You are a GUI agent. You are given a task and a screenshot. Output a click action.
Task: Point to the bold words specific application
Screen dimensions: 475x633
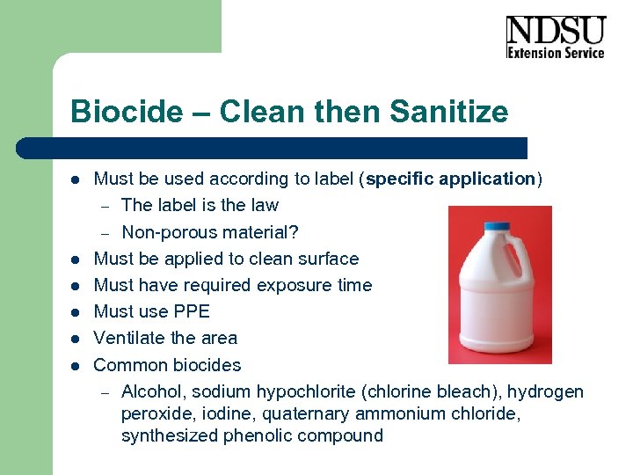tap(450, 179)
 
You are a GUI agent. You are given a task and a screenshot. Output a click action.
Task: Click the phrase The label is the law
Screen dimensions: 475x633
tap(200, 206)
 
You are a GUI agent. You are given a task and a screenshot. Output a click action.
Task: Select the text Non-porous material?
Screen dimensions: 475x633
tap(210, 232)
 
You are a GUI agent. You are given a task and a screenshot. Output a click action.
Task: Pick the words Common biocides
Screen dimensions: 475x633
tap(167, 365)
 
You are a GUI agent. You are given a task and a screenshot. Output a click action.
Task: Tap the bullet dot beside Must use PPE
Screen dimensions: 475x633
tap(76, 312)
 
